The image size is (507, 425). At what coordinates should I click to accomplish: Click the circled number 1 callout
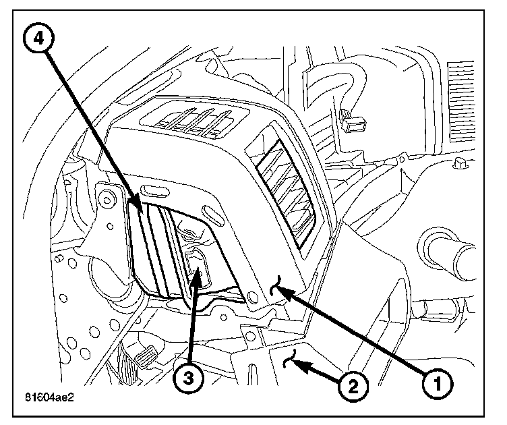tap(438, 385)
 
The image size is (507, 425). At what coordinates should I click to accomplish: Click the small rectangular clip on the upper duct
tap(353, 122)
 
